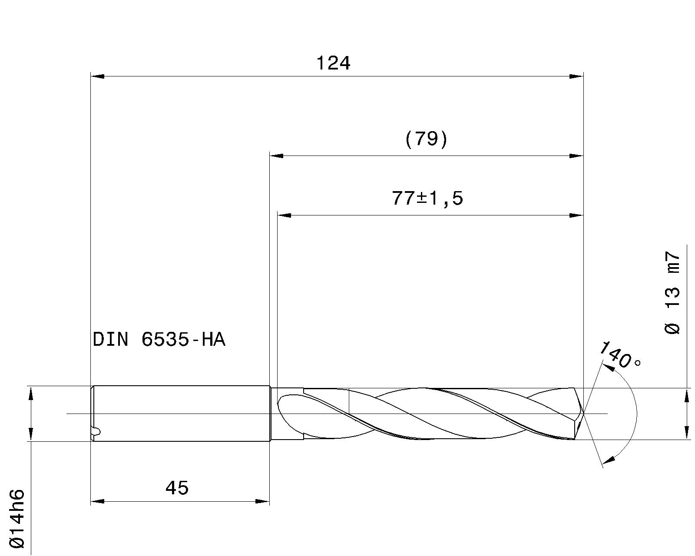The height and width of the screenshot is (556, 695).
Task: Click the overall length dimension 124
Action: tap(333, 64)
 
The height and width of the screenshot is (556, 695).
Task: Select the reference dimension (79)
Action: tap(426, 140)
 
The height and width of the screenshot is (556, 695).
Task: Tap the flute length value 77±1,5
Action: tap(427, 199)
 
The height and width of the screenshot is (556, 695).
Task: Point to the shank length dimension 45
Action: tap(177, 488)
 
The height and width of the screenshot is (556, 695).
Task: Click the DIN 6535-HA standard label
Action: tap(159, 340)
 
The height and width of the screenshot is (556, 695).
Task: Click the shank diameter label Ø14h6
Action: tap(17, 519)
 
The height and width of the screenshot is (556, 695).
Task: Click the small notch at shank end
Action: tap(97, 431)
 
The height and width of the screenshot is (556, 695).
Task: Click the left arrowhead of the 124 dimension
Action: tap(97, 76)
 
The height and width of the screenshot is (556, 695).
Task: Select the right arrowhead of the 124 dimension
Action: tap(576, 76)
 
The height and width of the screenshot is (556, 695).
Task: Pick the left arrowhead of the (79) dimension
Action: tap(277, 156)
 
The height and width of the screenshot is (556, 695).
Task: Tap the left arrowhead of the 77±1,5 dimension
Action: tap(284, 215)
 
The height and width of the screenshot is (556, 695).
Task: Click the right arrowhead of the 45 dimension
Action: tap(262, 502)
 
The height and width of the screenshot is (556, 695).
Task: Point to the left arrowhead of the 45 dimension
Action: tap(97, 502)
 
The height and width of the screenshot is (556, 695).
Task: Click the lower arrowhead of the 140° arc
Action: tap(610, 458)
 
